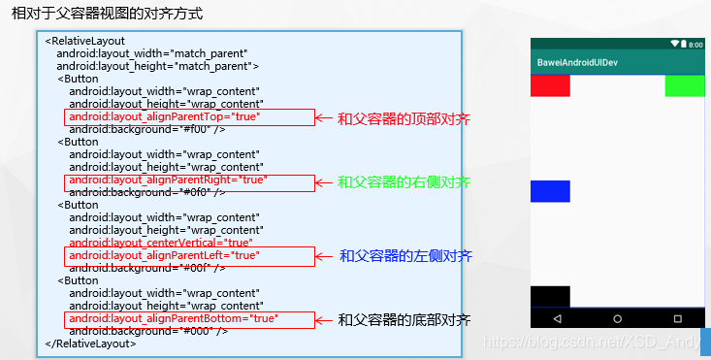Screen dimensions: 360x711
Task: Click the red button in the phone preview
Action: (x=550, y=85)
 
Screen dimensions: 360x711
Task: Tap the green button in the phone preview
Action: (x=685, y=85)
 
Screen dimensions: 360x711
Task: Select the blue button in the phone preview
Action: (x=550, y=191)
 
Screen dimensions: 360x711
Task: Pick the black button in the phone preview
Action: (x=550, y=296)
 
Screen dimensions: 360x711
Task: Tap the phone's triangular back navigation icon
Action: (x=558, y=318)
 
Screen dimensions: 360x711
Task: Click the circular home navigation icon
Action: (x=618, y=318)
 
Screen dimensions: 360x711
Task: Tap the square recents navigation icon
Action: (x=677, y=318)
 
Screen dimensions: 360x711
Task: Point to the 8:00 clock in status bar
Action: (x=695, y=45)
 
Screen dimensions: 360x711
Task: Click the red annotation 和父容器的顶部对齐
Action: (x=404, y=118)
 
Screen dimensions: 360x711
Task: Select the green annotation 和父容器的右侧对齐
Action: (x=404, y=182)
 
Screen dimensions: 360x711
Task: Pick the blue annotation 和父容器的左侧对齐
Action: (x=405, y=256)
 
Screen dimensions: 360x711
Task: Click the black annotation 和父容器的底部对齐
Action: (x=404, y=319)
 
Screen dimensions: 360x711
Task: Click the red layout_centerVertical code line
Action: (x=161, y=243)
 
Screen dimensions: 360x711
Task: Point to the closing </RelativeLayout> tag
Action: (x=91, y=344)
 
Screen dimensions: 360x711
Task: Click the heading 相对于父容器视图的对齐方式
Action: (x=101, y=14)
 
